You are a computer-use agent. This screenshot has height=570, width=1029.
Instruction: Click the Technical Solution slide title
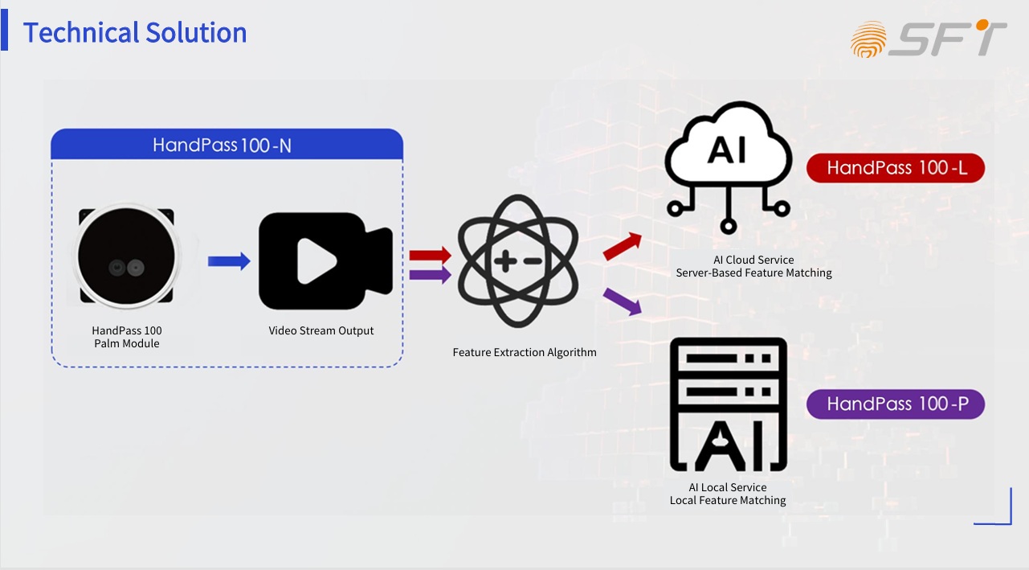tap(135, 33)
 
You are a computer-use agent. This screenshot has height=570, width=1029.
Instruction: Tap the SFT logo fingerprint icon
tap(868, 39)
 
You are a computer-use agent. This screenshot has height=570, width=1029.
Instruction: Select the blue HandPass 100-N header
tap(227, 145)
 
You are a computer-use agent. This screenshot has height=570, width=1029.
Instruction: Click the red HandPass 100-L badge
tap(896, 168)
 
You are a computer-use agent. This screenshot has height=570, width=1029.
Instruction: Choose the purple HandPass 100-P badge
tap(896, 404)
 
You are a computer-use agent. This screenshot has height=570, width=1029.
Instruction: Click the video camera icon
tap(325, 261)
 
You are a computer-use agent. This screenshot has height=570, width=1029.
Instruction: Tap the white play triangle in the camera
tap(316, 261)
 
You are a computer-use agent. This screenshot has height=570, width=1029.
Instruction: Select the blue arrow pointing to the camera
tap(229, 261)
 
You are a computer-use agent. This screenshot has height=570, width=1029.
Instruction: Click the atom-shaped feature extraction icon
tap(517, 262)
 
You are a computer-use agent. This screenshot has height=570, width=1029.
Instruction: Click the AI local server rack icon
tap(728, 404)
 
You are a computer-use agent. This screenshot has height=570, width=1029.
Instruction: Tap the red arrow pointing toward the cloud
tap(623, 246)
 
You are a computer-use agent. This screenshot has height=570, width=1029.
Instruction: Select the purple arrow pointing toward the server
tap(623, 301)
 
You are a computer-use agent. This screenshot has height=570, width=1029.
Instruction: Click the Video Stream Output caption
tap(321, 330)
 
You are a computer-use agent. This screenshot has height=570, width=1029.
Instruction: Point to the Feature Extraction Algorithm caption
tap(525, 352)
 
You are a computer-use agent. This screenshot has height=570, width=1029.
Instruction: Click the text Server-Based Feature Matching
tap(753, 273)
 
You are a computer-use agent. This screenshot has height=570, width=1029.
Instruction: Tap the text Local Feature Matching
tap(728, 500)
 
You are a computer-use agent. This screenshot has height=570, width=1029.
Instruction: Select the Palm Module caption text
tap(127, 343)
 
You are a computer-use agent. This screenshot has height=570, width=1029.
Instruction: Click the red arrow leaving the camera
tap(430, 255)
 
